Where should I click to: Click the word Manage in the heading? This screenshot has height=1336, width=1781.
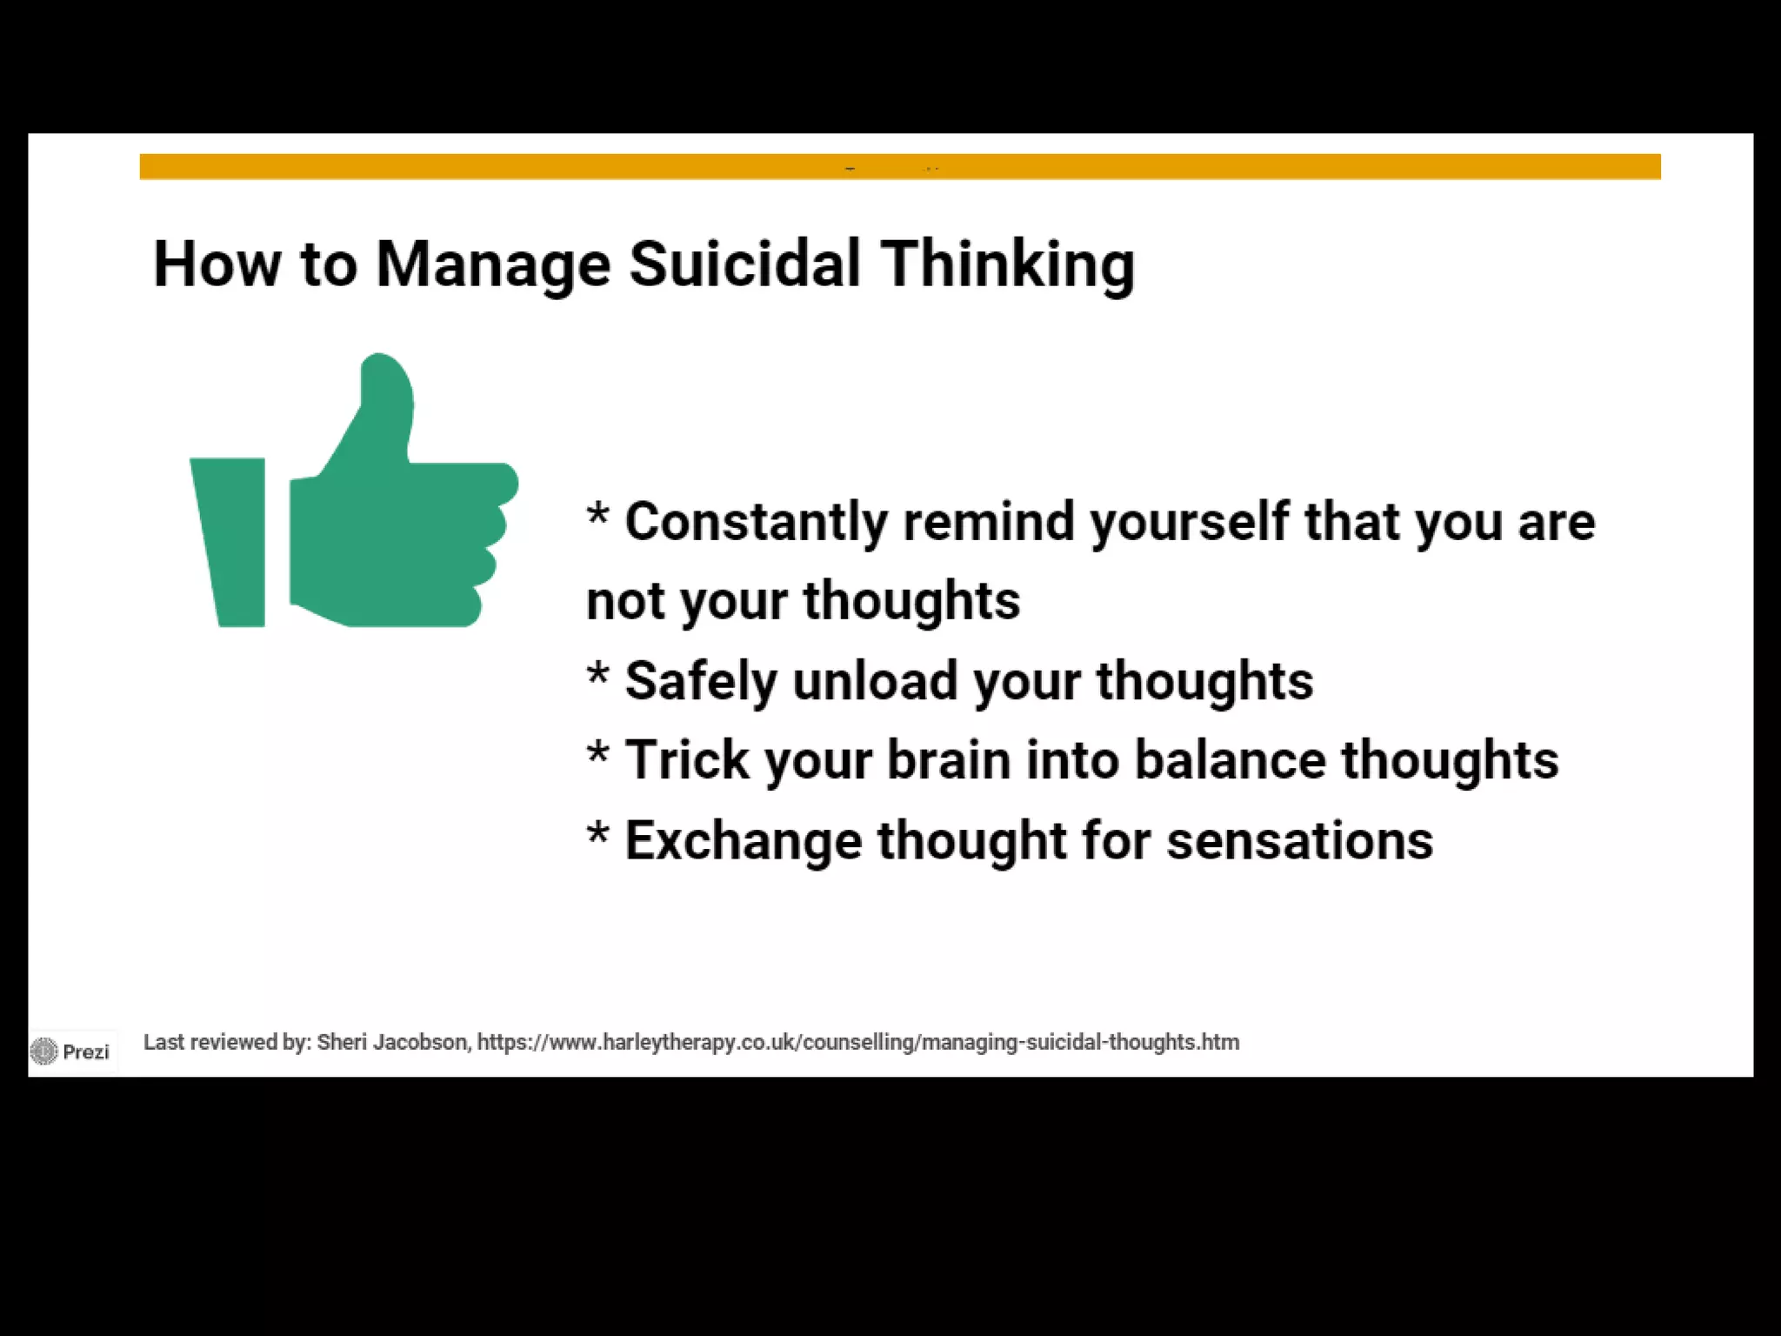(x=493, y=264)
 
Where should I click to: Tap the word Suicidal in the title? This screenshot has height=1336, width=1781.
(x=744, y=263)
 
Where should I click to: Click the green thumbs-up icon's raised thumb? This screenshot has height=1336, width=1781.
(x=383, y=400)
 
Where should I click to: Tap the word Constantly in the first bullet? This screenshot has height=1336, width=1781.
(x=756, y=522)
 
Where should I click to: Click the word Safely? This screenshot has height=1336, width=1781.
(x=700, y=681)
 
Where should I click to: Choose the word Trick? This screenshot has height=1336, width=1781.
(x=686, y=760)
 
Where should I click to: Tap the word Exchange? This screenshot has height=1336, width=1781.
(x=744, y=841)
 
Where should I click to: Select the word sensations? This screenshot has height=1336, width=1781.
(x=1299, y=841)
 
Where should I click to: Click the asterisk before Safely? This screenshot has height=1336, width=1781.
(x=597, y=675)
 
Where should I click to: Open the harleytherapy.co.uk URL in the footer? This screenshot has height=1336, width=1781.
(x=857, y=1042)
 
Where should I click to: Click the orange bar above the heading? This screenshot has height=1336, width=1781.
(x=899, y=166)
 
